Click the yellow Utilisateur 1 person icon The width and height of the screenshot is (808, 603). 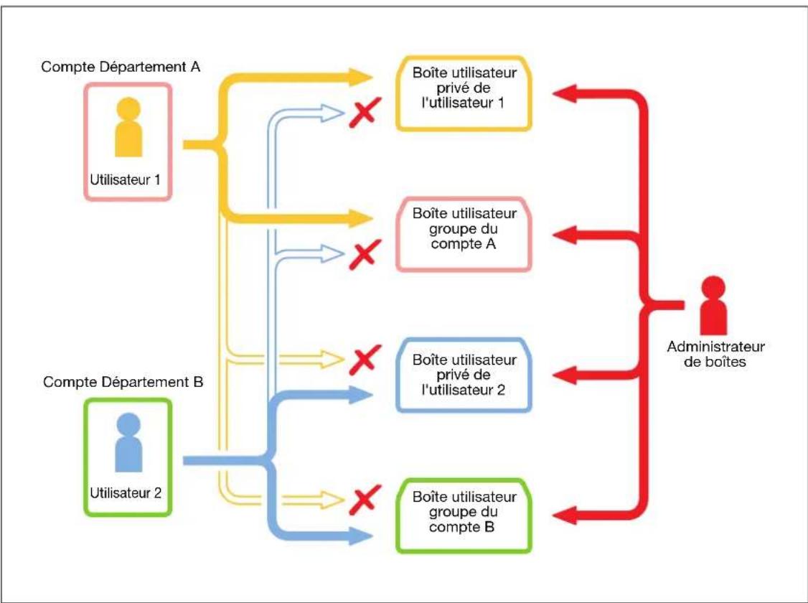coord(128,127)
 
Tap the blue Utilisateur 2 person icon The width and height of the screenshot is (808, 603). coord(128,442)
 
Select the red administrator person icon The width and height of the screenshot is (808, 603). coord(714,306)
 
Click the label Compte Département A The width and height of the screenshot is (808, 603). coord(121,67)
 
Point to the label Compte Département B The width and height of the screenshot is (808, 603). coord(123,382)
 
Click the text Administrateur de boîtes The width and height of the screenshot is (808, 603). coord(715,354)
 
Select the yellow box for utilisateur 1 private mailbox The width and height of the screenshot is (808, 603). coord(464,93)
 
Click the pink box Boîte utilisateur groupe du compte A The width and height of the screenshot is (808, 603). coord(464,233)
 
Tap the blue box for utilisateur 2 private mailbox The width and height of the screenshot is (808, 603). coord(464,375)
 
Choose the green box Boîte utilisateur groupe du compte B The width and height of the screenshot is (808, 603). coord(464,516)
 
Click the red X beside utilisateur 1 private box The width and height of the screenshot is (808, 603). coord(365,112)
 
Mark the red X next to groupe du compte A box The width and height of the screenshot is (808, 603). coord(365,254)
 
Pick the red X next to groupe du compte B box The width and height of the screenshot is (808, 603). coord(365,500)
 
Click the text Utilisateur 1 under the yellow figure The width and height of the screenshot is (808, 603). coord(126,179)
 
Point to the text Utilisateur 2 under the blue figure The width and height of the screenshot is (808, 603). coord(126,492)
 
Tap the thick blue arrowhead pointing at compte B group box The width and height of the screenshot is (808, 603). coord(361,536)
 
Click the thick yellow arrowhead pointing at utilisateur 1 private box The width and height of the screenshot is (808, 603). coord(361,78)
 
